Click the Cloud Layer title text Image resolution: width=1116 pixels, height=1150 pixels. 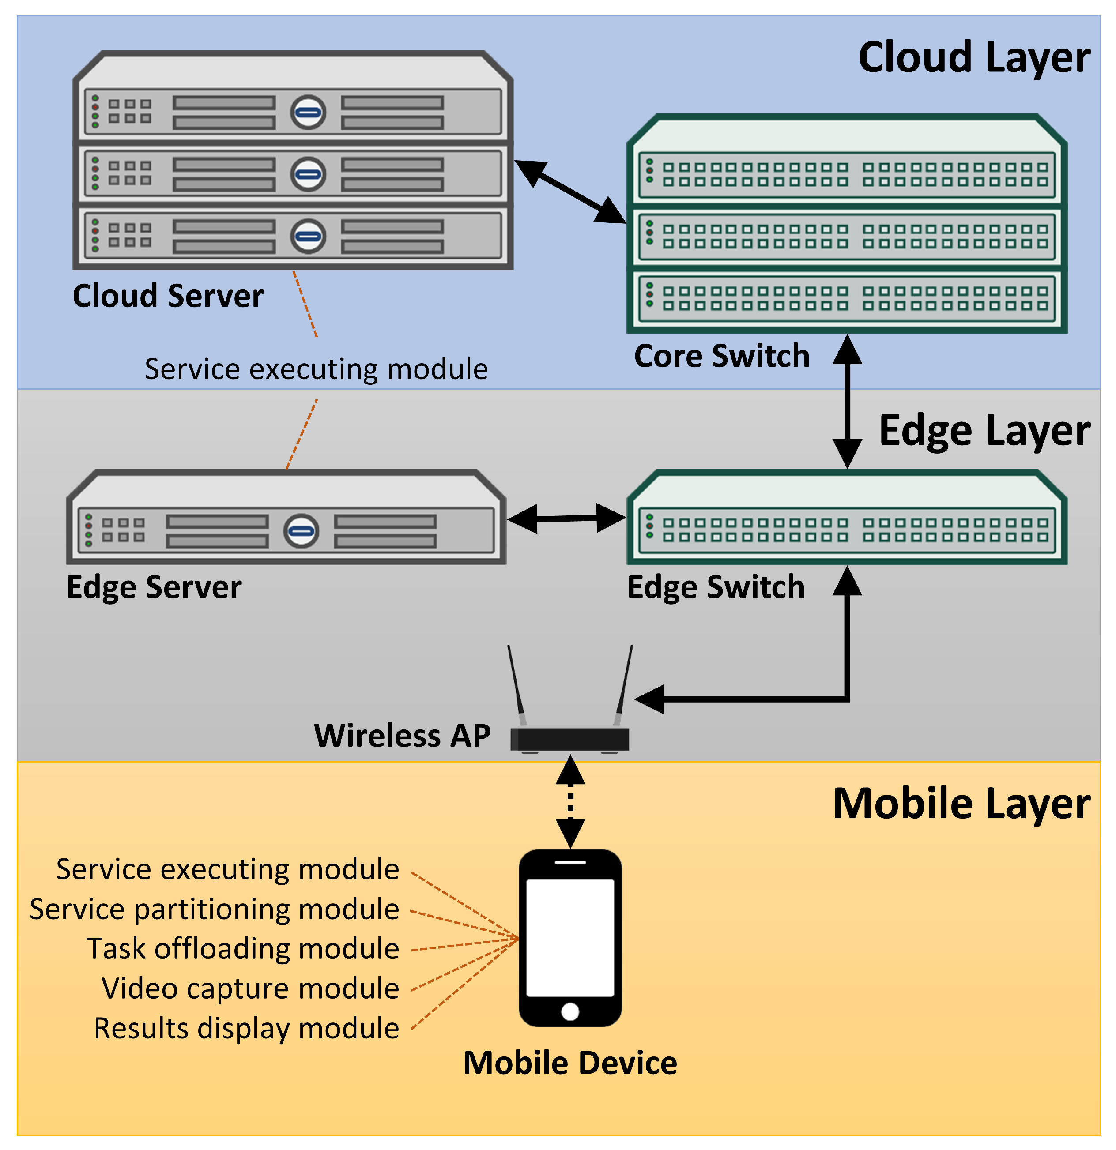[x=973, y=58]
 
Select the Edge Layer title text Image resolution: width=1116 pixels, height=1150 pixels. [x=984, y=431]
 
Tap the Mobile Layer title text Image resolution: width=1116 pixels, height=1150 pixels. [x=961, y=804]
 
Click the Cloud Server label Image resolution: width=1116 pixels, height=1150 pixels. [x=168, y=296]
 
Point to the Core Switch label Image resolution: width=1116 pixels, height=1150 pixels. [x=721, y=356]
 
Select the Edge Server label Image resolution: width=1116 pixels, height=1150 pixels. [x=154, y=587]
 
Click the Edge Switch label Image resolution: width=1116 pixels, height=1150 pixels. [x=716, y=587]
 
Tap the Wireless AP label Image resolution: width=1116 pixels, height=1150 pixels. [x=402, y=736]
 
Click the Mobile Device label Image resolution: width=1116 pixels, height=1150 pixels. [x=570, y=1063]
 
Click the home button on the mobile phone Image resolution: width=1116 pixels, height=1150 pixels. [x=570, y=1011]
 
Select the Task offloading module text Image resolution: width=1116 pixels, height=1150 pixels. [x=243, y=949]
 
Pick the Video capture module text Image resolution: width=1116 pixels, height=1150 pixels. [x=251, y=988]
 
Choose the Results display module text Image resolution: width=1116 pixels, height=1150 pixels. [x=247, y=1029]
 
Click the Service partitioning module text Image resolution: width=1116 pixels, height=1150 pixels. [x=214, y=909]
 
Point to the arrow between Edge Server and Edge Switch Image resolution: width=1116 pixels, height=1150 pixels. [x=566, y=518]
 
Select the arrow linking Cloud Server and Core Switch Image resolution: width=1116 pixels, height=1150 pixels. [x=569, y=192]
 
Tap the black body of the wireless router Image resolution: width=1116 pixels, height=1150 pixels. [x=569, y=739]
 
